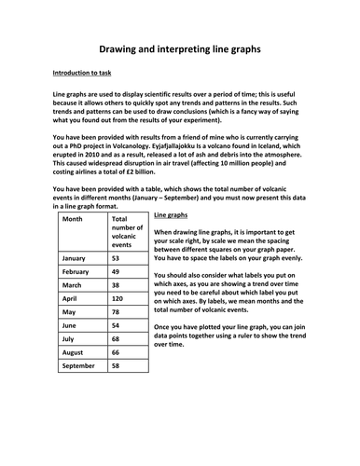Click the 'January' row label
(x=76, y=257)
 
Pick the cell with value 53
(x=117, y=257)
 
